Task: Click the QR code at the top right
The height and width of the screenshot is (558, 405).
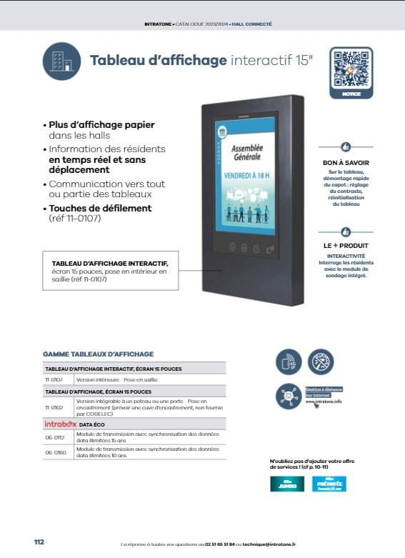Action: point(351,69)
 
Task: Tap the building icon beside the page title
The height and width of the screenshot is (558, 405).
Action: point(61,60)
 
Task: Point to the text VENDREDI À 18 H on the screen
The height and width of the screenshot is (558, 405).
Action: point(246,175)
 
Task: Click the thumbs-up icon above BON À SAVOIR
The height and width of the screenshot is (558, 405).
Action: point(346,146)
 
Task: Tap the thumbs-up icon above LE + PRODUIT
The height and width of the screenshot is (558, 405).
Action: point(346,232)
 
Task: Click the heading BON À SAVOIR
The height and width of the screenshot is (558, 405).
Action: point(346,162)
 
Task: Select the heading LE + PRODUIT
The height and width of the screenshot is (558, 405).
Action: point(346,246)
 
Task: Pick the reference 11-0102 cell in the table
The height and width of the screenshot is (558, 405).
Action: point(53,407)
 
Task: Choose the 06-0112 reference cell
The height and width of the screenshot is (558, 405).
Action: point(55,437)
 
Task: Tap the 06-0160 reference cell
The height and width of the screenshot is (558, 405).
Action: point(55,452)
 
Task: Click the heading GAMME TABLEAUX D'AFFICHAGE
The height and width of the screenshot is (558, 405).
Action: point(98,354)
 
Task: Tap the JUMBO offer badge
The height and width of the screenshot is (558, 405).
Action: point(286,484)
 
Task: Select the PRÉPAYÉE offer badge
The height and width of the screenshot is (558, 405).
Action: point(329,484)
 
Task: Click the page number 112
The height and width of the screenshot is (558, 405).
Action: point(39,542)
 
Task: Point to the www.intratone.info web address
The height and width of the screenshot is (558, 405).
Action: point(324,402)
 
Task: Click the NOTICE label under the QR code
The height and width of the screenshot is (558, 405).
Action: point(351,94)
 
